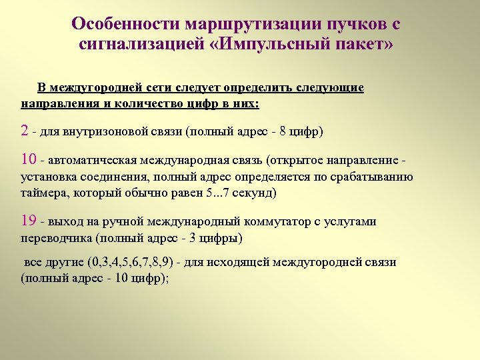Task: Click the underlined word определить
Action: tap(257, 88)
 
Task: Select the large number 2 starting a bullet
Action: tap(25, 129)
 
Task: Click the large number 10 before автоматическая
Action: tap(29, 160)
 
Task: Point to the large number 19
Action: tap(29, 221)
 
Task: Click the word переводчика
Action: tap(57, 238)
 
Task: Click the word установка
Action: tap(47, 177)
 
